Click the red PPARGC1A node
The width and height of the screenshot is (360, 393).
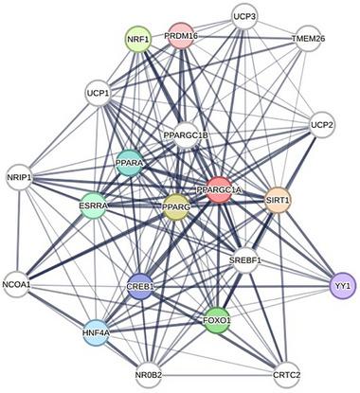(219, 189)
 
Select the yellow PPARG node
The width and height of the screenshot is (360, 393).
(175, 205)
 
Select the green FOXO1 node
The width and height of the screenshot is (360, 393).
(217, 319)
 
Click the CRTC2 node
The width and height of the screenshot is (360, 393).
(285, 374)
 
